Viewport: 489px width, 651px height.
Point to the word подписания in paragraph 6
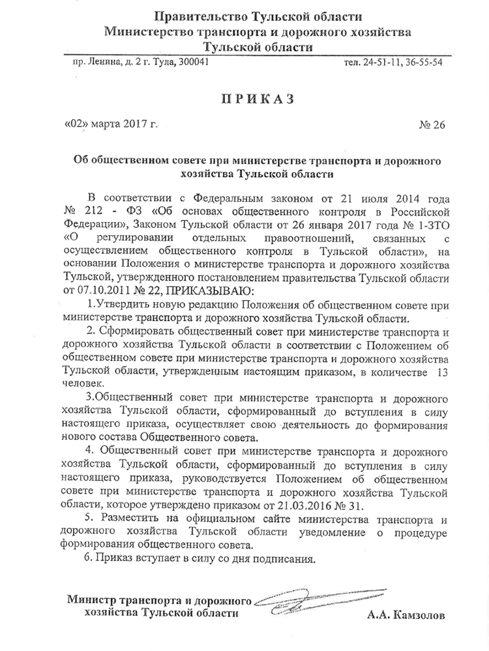pyautogui.click(x=288, y=559)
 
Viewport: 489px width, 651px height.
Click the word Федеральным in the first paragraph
pyautogui.click(x=224, y=197)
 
